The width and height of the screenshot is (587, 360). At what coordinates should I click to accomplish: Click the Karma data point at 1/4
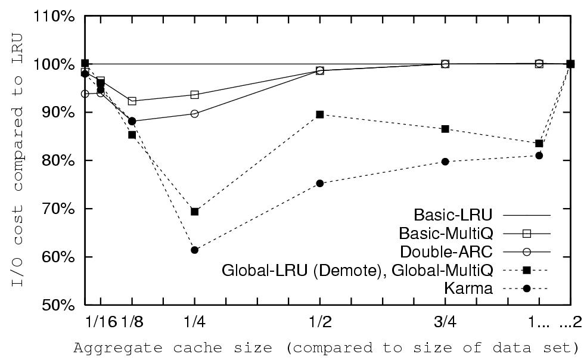click(x=194, y=250)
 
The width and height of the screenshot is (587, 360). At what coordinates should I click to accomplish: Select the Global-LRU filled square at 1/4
click(x=194, y=212)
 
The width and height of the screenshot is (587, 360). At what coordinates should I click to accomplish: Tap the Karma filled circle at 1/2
click(x=320, y=184)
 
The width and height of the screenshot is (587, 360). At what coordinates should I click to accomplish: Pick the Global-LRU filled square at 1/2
click(x=320, y=114)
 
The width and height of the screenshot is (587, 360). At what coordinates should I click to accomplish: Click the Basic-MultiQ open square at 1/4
click(x=194, y=95)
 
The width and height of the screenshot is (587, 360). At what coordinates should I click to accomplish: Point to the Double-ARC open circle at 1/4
click(x=194, y=114)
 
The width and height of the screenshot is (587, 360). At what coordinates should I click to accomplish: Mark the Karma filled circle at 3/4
click(x=445, y=162)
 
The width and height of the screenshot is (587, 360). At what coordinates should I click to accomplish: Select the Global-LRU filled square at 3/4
click(x=445, y=129)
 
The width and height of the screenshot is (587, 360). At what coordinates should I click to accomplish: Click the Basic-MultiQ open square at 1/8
click(x=132, y=101)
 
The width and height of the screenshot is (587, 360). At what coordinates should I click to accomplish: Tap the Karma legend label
click(x=468, y=289)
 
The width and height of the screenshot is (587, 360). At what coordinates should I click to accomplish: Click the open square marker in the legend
click(x=526, y=233)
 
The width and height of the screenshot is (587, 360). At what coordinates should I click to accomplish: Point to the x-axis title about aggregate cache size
click(x=327, y=347)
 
